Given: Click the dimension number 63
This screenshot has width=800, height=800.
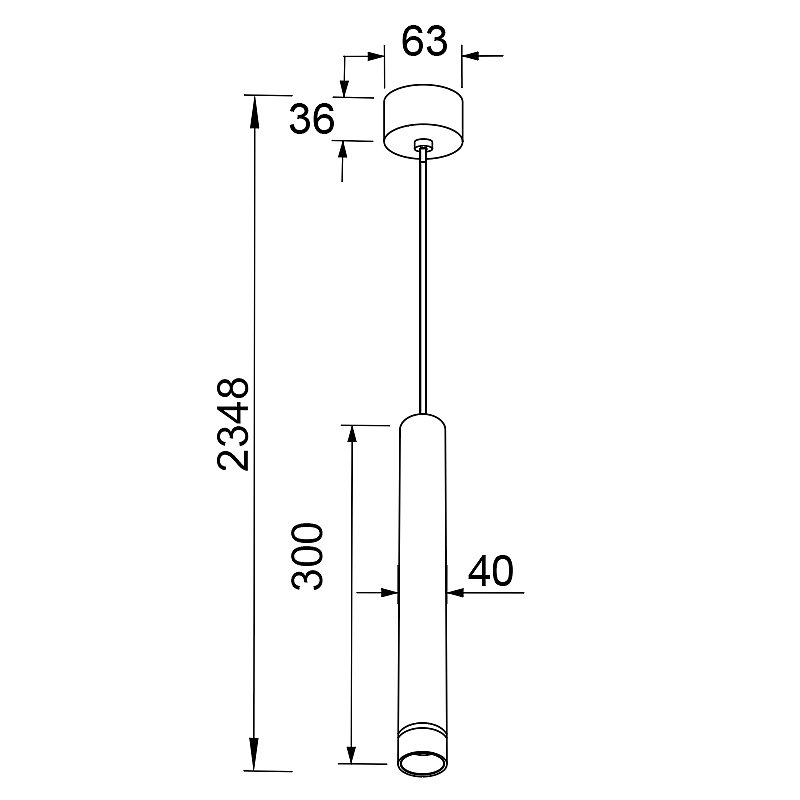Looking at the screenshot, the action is pyautogui.click(x=424, y=41).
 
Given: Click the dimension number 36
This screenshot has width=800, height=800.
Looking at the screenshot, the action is pyautogui.click(x=312, y=119).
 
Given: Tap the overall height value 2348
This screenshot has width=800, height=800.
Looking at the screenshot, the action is pyautogui.click(x=233, y=424).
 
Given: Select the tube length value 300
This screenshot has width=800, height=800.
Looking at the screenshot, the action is pyautogui.click(x=307, y=556).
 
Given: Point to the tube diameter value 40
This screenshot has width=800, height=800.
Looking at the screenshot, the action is pyautogui.click(x=491, y=571).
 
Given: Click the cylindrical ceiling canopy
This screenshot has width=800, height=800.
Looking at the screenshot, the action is pyautogui.click(x=423, y=121).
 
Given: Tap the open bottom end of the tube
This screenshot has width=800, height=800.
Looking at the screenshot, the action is pyautogui.click(x=422, y=763).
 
